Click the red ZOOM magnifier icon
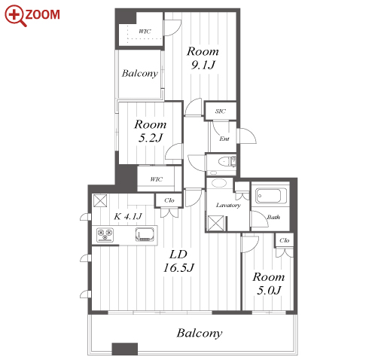pos(16,16)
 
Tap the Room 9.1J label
pos(203,58)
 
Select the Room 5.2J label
pos(151,131)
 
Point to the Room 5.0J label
pos(269,284)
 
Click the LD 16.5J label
pos(178,261)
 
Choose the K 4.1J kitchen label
pos(128,216)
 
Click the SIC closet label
pos(220,111)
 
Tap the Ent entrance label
pos(224,139)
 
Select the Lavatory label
pos(228,206)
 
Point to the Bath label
pos(273,217)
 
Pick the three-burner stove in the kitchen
pos(105,235)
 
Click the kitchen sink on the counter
pos(145,234)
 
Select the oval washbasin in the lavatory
pos(219,183)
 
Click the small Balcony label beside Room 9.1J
pos(140,73)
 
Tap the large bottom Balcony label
pos(200,333)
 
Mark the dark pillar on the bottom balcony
pos(125,349)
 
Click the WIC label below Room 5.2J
pos(156,179)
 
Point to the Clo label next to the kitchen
pos(169,200)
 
